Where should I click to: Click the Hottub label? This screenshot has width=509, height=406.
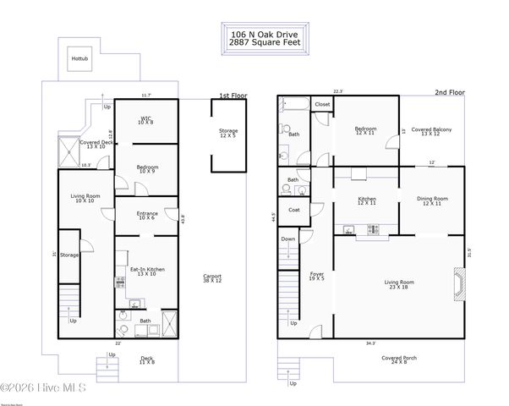coord(79,59)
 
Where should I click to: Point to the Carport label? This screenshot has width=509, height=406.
coord(212,278)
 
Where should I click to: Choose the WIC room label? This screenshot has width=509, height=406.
coord(146,120)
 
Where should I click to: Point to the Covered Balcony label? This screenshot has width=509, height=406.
coord(431,131)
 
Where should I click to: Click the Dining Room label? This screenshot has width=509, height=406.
coord(431,201)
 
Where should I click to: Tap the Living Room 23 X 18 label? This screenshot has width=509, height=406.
coord(399,284)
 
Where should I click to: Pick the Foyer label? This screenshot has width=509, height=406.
coord(317,275)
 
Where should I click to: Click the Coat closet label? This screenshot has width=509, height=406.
coord(293,210)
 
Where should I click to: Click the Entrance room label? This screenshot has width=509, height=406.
coord(147,216)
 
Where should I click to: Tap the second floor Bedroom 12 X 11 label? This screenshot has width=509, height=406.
coord(366,131)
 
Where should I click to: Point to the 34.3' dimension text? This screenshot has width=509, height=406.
coord(371,343)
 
